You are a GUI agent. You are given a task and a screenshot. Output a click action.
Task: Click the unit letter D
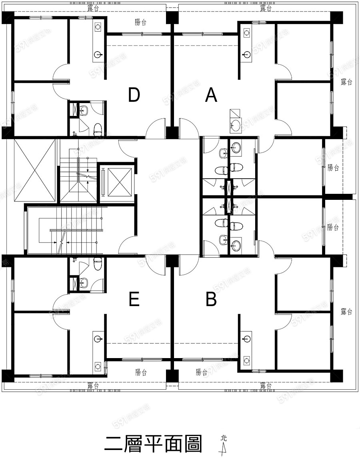tap(134, 95)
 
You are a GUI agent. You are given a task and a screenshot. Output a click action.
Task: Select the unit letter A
tap(211, 95)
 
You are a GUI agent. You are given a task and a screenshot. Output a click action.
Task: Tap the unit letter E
tap(134, 300)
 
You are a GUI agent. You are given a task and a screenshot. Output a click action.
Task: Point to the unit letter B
tap(211, 300)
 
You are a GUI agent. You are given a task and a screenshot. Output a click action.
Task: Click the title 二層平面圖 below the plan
tap(153, 444)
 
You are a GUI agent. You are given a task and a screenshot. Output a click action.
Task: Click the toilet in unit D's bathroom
tap(97, 129)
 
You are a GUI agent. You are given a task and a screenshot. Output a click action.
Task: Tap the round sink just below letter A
tap(236, 125)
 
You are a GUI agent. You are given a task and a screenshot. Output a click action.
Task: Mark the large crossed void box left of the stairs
tap(34, 170)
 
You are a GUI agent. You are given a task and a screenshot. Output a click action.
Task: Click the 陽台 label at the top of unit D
tap(141, 22)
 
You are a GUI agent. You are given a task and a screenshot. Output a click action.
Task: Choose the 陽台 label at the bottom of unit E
tap(141, 372)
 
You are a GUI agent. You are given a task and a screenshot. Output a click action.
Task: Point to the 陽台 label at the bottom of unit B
tap(202, 372)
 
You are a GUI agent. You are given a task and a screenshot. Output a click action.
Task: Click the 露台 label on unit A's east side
tap(346, 82)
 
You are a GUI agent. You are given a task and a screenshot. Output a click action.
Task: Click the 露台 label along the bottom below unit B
tap(266, 385)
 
